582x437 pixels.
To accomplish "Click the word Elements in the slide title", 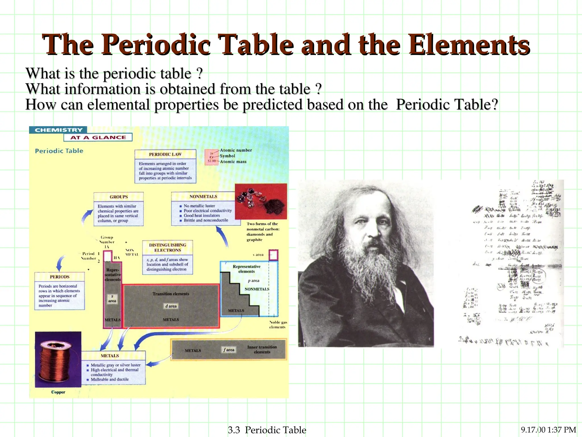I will (x=469, y=45).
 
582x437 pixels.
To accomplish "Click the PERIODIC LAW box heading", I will (x=165, y=154).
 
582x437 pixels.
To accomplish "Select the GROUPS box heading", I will (x=119, y=197).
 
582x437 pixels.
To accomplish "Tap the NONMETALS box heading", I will (x=203, y=197).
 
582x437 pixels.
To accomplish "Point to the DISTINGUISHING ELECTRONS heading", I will (x=167, y=248).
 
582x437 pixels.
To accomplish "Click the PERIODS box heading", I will (x=59, y=277).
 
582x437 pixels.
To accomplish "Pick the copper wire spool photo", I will (x=58, y=359).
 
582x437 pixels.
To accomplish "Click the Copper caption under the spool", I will (x=58, y=392).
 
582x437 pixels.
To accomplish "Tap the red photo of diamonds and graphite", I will (x=261, y=201).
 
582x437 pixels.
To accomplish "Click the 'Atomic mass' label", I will (x=233, y=162).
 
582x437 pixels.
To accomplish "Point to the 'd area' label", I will (x=171, y=306).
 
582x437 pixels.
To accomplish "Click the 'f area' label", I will (x=229, y=350).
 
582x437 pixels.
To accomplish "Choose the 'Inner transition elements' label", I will (x=262, y=349).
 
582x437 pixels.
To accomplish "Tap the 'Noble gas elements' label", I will (x=278, y=325).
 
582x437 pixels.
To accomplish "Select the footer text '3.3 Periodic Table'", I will (x=267, y=430).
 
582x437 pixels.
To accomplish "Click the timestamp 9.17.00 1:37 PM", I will (x=548, y=430).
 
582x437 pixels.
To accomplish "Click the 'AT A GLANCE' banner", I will (x=98, y=137).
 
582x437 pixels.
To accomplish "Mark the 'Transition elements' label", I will (x=171, y=294).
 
